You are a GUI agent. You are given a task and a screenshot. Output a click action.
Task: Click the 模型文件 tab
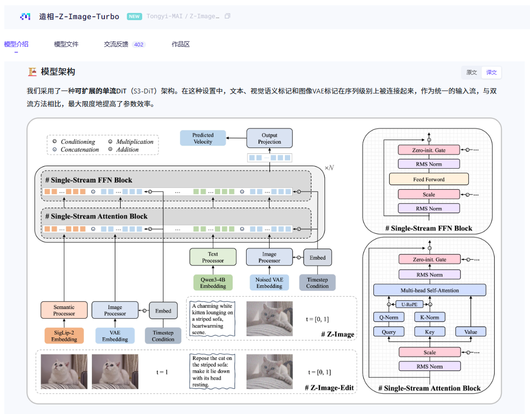pos(66,44)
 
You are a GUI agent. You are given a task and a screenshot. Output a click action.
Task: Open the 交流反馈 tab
pos(116,44)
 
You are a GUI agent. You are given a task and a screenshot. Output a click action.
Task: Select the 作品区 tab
pos(180,44)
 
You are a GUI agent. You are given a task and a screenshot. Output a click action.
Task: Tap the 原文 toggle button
pos(472,72)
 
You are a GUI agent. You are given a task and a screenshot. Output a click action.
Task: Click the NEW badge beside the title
pos(134,16)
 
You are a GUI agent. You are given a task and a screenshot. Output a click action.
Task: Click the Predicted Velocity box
pos(203,138)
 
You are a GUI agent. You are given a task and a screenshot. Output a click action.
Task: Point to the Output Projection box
pos(269,138)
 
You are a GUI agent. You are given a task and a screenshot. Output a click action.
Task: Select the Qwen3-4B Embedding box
pos(213,283)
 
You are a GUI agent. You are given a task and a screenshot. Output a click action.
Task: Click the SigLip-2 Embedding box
pos(64,336)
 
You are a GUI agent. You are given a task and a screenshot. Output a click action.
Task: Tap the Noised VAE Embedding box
pos(269,283)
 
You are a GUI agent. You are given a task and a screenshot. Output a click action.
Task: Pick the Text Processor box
pos(213,257)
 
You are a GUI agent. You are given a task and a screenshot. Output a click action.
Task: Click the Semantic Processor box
pos(64,310)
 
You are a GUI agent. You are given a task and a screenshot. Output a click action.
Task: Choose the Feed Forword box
pos(429,180)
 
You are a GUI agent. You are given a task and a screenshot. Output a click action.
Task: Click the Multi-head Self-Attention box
pos(429,290)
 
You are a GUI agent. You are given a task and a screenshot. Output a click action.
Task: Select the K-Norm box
pos(429,317)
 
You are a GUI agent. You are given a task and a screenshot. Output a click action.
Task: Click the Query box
pos(389,332)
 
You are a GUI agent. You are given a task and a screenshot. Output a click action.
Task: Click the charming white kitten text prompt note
pos(212,319)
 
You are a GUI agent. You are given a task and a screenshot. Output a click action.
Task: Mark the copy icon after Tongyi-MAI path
pos(227,16)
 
